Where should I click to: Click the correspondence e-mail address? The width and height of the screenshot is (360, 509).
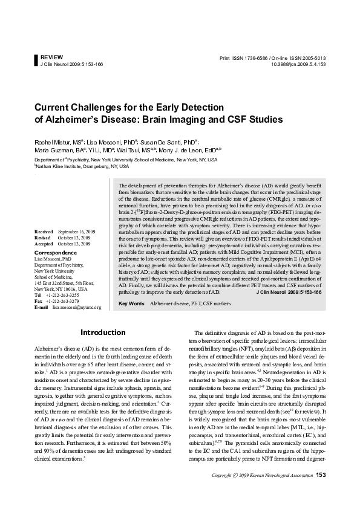click(x=77, y=307)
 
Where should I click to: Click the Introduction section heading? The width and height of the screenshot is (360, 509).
click(x=103, y=332)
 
